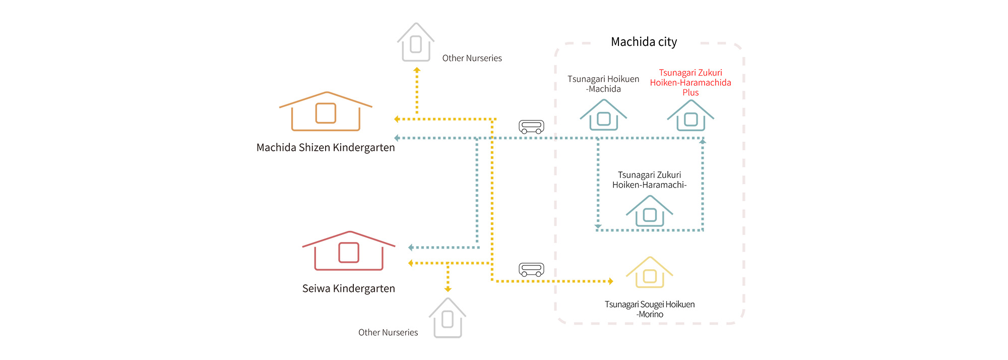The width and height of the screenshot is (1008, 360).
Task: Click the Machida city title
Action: point(644,42)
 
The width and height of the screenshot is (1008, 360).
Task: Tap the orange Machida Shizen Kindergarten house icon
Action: point(326,112)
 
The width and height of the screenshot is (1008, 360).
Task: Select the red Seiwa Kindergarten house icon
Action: point(349,251)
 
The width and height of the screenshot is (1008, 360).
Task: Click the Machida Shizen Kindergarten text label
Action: point(326,148)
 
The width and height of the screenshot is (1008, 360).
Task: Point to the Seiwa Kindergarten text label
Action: point(348,289)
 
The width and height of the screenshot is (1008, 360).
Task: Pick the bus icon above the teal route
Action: point(531,127)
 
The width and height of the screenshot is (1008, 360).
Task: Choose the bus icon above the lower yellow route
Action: point(531,270)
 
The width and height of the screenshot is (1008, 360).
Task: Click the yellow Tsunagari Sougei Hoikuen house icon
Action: point(649,273)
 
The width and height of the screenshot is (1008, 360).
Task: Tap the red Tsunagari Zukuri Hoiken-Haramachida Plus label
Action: point(690,83)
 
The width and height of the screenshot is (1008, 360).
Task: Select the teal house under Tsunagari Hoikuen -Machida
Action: point(603,115)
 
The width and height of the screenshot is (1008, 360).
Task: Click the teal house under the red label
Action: point(690,116)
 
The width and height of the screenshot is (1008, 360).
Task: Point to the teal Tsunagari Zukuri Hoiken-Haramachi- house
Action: point(649,211)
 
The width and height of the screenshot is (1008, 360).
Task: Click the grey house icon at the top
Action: point(416,42)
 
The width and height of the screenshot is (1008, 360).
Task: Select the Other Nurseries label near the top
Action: point(472,58)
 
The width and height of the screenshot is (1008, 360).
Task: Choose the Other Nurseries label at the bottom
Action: point(388,333)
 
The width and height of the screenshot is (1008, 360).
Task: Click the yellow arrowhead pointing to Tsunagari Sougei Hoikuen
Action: point(611,281)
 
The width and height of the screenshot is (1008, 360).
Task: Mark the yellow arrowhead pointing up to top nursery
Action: point(417,70)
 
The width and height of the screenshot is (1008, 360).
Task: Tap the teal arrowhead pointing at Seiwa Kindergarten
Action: point(411,248)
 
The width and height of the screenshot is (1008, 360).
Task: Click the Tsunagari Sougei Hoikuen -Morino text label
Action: point(650,309)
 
